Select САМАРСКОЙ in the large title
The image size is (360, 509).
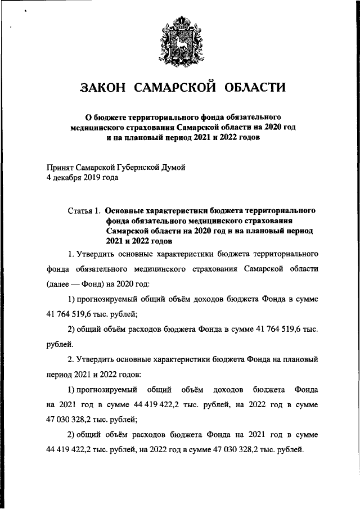point(175,87)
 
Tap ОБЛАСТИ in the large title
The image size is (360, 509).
point(255,87)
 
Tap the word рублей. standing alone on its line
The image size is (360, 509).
point(58,342)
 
